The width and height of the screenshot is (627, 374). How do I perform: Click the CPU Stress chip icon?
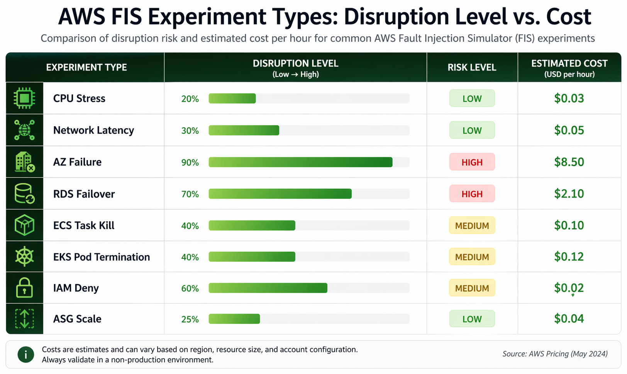click(x=24, y=98)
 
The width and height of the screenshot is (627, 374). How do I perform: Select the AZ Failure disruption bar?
click(x=300, y=162)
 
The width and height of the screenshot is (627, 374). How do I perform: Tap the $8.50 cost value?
click(x=569, y=162)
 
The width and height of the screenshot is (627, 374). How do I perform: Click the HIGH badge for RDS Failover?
click(x=471, y=194)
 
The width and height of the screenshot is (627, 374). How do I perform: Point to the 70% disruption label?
click(x=190, y=194)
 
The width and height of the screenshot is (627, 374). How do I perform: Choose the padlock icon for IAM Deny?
click(x=24, y=288)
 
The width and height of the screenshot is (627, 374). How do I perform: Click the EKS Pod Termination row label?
click(x=101, y=257)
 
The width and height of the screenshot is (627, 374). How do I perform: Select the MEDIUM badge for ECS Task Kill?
click(x=471, y=225)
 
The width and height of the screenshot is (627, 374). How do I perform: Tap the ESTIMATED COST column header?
click(x=569, y=68)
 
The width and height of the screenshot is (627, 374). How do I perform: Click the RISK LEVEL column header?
click(x=471, y=68)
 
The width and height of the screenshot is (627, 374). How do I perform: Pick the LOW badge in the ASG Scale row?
click(x=471, y=319)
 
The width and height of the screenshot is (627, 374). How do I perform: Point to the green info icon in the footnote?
click(x=26, y=354)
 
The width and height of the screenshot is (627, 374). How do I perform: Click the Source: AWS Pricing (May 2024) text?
click(x=554, y=354)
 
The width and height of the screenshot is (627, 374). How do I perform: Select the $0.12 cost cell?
click(x=569, y=257)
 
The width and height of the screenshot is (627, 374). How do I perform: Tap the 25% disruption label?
click(x=190, y=320)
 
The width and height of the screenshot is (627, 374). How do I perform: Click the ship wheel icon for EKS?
click(x=24, y=257)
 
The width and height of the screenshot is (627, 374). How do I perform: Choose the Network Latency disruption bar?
click(x=244, y=130)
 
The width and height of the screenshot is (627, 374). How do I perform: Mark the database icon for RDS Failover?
click(x=24, y=194)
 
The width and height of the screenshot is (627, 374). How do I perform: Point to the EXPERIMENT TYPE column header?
click(x=86, y=68)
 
